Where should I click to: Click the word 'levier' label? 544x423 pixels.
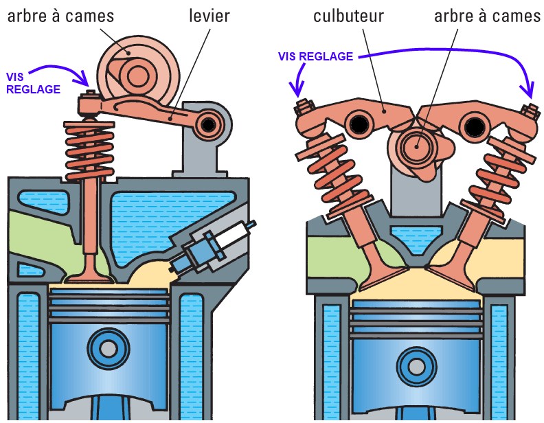coord(209,15)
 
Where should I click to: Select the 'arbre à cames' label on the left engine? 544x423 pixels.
coord(63,15)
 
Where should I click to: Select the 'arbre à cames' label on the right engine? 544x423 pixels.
coord(487,15)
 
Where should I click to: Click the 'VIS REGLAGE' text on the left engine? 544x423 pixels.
coord(33,82)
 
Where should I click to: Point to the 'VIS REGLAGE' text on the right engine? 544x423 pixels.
coord(315,56)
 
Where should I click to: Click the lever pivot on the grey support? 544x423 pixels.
coord(207,124)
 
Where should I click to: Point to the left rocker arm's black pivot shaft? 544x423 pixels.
coord(358,124)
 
